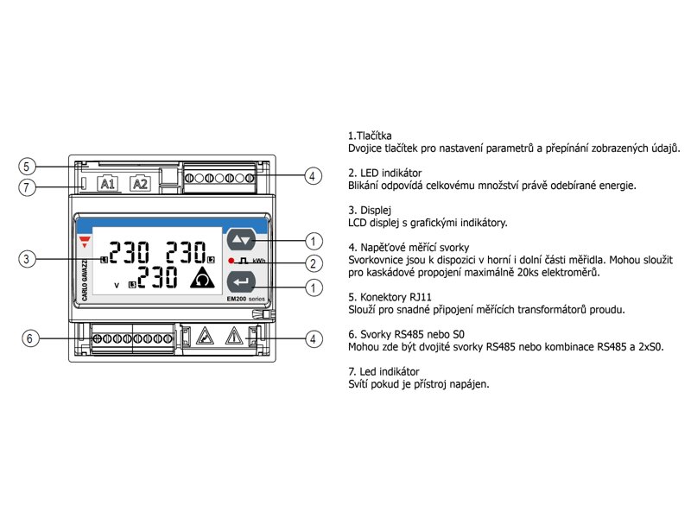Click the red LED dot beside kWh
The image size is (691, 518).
click(231, 261)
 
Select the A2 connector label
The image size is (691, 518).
click(140, 184)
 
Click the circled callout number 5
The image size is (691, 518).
click(29, 166)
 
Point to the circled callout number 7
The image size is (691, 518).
click(29, 187)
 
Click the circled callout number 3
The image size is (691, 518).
click(29, 258)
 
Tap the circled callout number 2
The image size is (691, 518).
click(314, 263)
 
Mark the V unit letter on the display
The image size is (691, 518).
click(116, 283)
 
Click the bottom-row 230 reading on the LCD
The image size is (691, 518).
click(158, 278)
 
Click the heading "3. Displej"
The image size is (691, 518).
click(371, 210)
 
